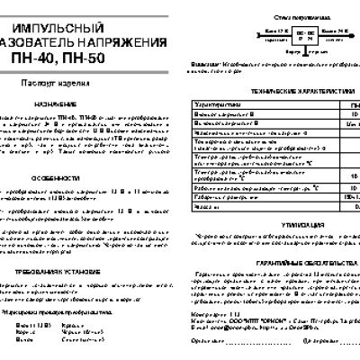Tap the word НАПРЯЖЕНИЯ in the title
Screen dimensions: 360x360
point(130,38)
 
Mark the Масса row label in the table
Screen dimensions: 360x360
point(203,205)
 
